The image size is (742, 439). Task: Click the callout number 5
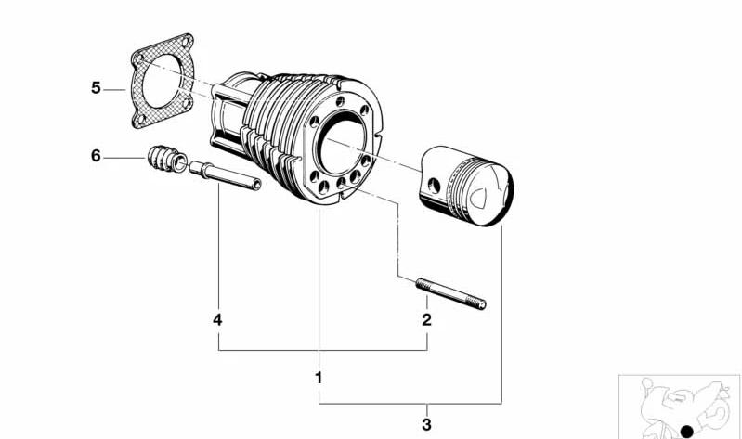coord(96,88)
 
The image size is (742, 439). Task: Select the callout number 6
coord(96,156)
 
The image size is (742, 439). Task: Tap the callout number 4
coord(217,320)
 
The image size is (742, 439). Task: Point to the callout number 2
coord(426,320)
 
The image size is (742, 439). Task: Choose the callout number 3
coord(426,424)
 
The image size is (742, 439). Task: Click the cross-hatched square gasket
coord(163,81)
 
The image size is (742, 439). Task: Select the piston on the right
coord(466,186)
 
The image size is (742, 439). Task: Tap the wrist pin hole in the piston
coord(434,186)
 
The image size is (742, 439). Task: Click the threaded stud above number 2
coord(451,294)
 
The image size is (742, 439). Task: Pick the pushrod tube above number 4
coord(226,175)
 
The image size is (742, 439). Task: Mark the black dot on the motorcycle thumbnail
coord(687,431)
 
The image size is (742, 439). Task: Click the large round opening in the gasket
coord(162,81)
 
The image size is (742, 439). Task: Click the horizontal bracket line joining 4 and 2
coord(323,350)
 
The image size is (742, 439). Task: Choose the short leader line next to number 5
coord(115,89)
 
